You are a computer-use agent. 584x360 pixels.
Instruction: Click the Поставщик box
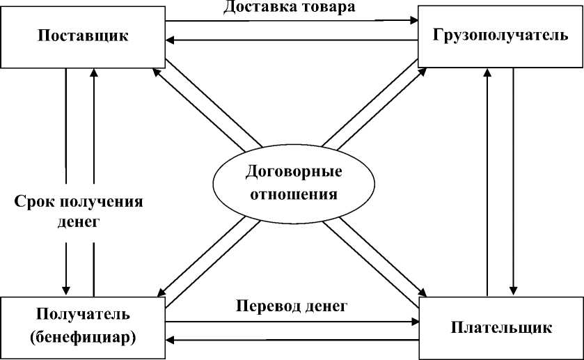(83, 36)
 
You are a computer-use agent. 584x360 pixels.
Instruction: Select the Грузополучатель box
(500, 36)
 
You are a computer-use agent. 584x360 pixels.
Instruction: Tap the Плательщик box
(501, 327)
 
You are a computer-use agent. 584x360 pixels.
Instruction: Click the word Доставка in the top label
(255, 8)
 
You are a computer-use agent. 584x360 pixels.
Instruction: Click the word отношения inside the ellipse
(292, 194)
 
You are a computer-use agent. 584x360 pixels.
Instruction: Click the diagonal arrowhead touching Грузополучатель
(423, 72)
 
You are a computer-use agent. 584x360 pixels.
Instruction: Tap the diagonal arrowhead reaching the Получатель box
(161, 293)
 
